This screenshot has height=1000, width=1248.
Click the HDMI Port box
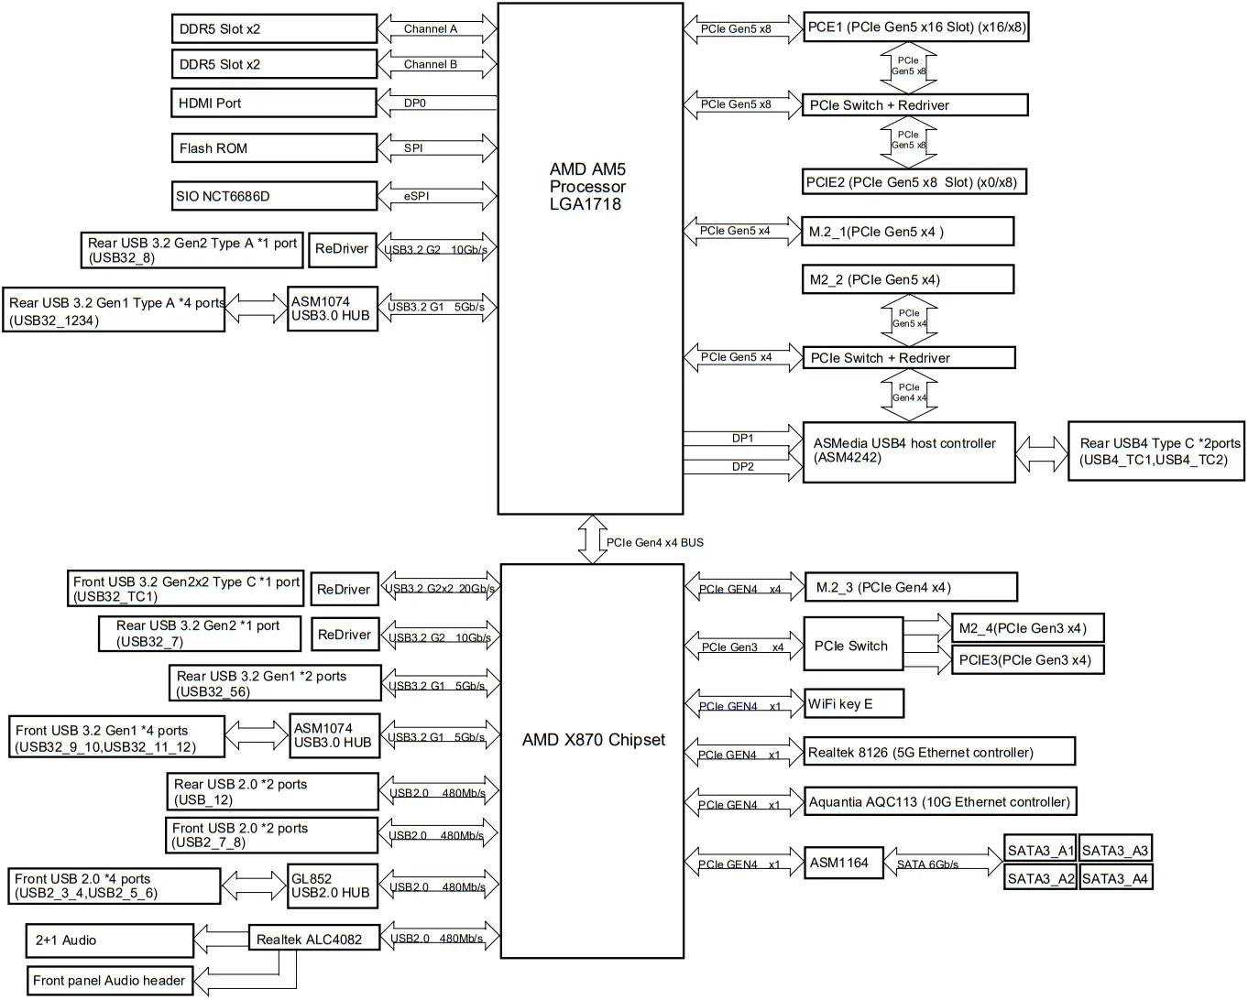[273, 103]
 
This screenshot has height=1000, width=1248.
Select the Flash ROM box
[273, 148]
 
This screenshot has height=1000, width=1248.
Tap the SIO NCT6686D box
[273, 196]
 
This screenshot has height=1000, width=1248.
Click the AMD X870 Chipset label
[594, 740]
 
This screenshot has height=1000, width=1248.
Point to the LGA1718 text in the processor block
[586, 204]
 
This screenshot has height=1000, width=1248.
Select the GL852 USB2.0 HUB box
[332, 886]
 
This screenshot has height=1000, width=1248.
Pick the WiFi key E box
[853, 704]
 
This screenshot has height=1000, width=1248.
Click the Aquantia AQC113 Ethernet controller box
[939, 802]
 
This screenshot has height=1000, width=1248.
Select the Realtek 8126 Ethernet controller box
[939, 753]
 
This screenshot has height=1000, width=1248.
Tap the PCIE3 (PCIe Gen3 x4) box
[1026, 660]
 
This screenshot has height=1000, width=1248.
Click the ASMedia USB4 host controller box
[908, 451]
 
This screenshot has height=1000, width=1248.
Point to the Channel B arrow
[437, 65]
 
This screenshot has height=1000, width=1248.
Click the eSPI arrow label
[417, 196]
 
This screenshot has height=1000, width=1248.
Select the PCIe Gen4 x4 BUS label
[655, 543]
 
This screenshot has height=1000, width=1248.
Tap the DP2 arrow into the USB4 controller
[742, 468]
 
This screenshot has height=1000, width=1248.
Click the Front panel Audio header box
[109, 981]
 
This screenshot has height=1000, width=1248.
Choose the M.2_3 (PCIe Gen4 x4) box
[910, 588]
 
